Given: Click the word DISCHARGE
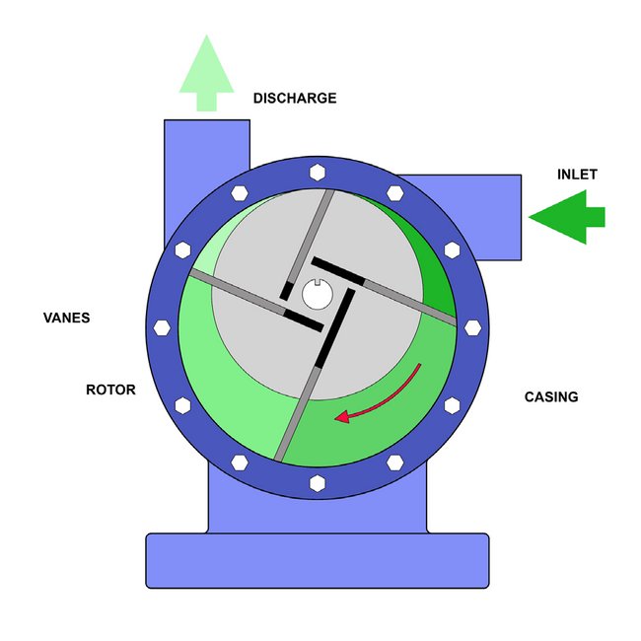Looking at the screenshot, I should [295, 99].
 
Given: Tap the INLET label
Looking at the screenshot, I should [577, 175].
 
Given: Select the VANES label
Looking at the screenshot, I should [66, 319].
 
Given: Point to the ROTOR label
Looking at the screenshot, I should [110, 390].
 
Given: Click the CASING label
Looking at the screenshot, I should [550, 397].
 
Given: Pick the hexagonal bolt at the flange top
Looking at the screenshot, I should [317, 172].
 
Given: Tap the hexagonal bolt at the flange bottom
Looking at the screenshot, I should [317, 482].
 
